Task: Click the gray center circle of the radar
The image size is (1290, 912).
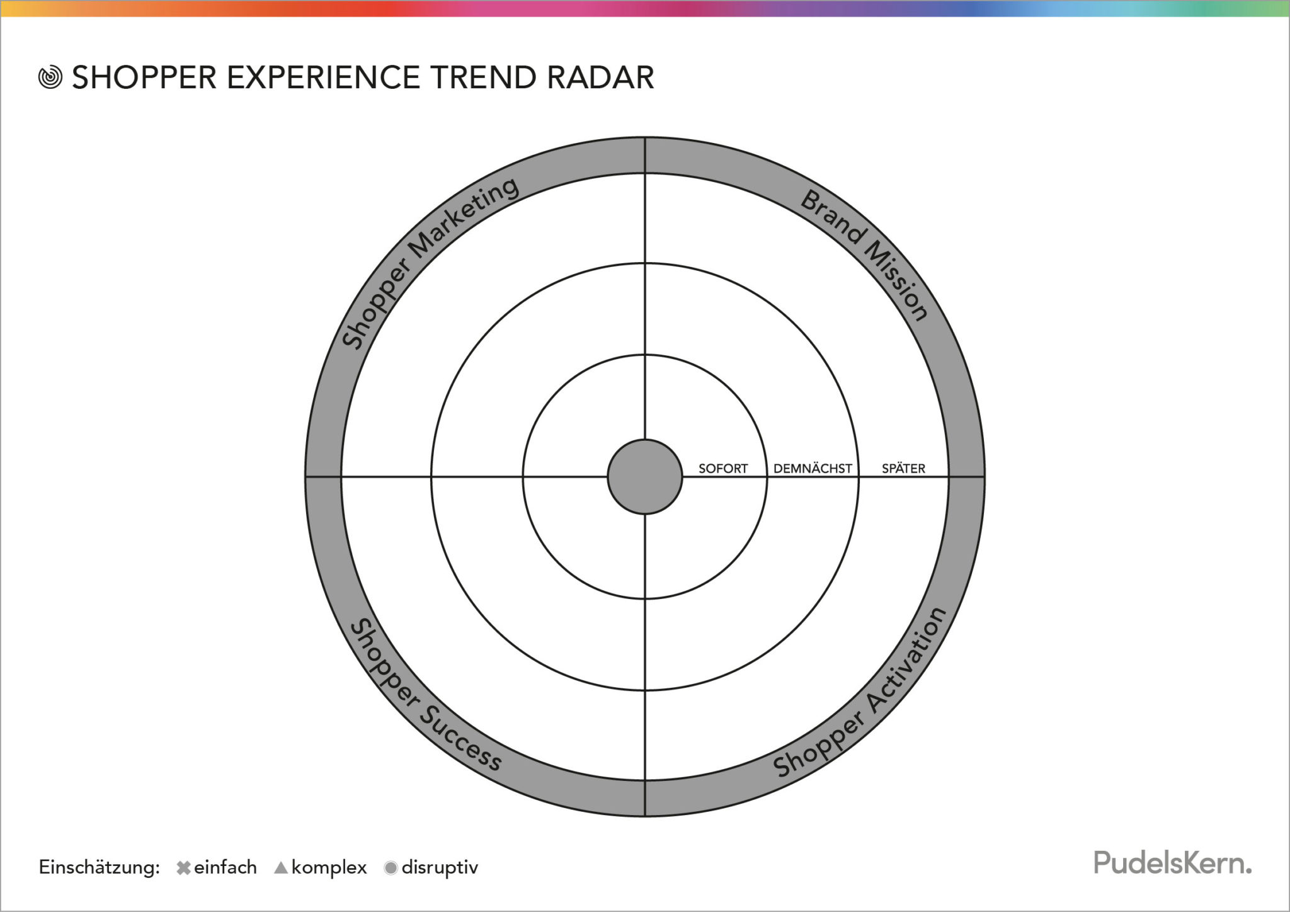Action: tap(645, 477)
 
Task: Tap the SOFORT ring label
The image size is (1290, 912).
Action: tap(723, 469)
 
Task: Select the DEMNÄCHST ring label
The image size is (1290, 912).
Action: tap(813, 469)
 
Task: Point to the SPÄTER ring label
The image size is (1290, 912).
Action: tap(903, 469)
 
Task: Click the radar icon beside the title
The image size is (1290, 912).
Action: tap(50, 77)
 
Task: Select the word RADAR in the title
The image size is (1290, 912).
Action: tap(600, 77)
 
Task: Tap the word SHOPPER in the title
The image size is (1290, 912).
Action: tap(144, 77)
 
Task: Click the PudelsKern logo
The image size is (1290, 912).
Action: tap(1172, 863)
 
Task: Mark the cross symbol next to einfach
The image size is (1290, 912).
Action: tap(183, 868)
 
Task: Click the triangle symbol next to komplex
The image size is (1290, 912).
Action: tap(281, 868)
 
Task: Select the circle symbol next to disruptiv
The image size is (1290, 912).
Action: tap(391, 868)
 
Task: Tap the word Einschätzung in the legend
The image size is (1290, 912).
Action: tap(100, 868)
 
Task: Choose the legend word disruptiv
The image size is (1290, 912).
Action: tap(440, 868)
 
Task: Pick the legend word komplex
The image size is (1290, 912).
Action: tap(329, 868)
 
